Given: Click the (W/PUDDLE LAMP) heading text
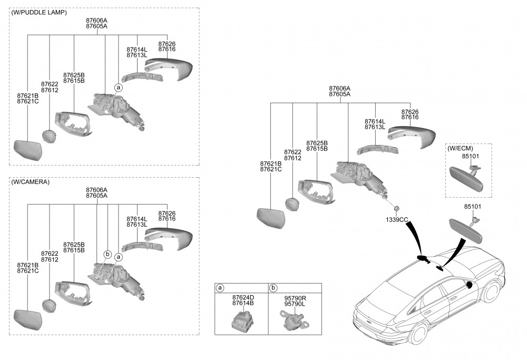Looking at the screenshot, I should pos(39,13).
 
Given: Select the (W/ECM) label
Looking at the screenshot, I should pos(461,148).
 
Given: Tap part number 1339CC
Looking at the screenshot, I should pos(397,219).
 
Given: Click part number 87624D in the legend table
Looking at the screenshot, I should pos(243,297).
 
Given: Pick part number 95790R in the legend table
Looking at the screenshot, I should pos(295,297).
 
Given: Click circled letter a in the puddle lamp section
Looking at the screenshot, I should pos(119,87).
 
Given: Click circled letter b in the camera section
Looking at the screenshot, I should pos(107,254).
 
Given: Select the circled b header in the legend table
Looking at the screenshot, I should pos(273,288).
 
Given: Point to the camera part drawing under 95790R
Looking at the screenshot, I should pos(292,319).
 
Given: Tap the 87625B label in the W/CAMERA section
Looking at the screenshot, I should pos(74,245).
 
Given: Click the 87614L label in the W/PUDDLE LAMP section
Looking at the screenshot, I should pos(137,50).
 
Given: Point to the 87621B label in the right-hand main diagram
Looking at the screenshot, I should pos(271,163).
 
